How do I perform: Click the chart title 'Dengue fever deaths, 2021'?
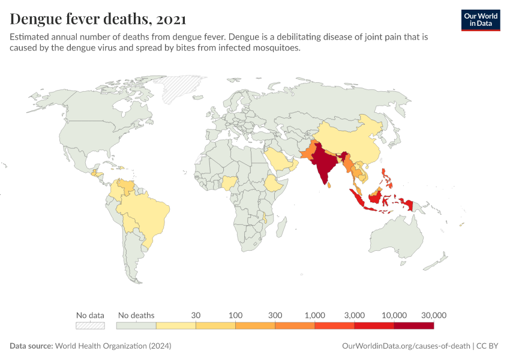[98, 19]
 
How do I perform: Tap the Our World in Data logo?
[480, 20]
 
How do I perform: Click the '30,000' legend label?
[433, 315]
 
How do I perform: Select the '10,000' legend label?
[394, 315]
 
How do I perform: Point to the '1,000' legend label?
[315, 315]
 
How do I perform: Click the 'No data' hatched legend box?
[90, 326]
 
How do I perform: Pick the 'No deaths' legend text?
[136, 315]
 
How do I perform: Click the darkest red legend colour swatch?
[413, 326]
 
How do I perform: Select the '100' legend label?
[235, 315]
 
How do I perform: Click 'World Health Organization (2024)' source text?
[113, 346]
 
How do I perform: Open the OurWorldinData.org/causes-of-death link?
[405, 346]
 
